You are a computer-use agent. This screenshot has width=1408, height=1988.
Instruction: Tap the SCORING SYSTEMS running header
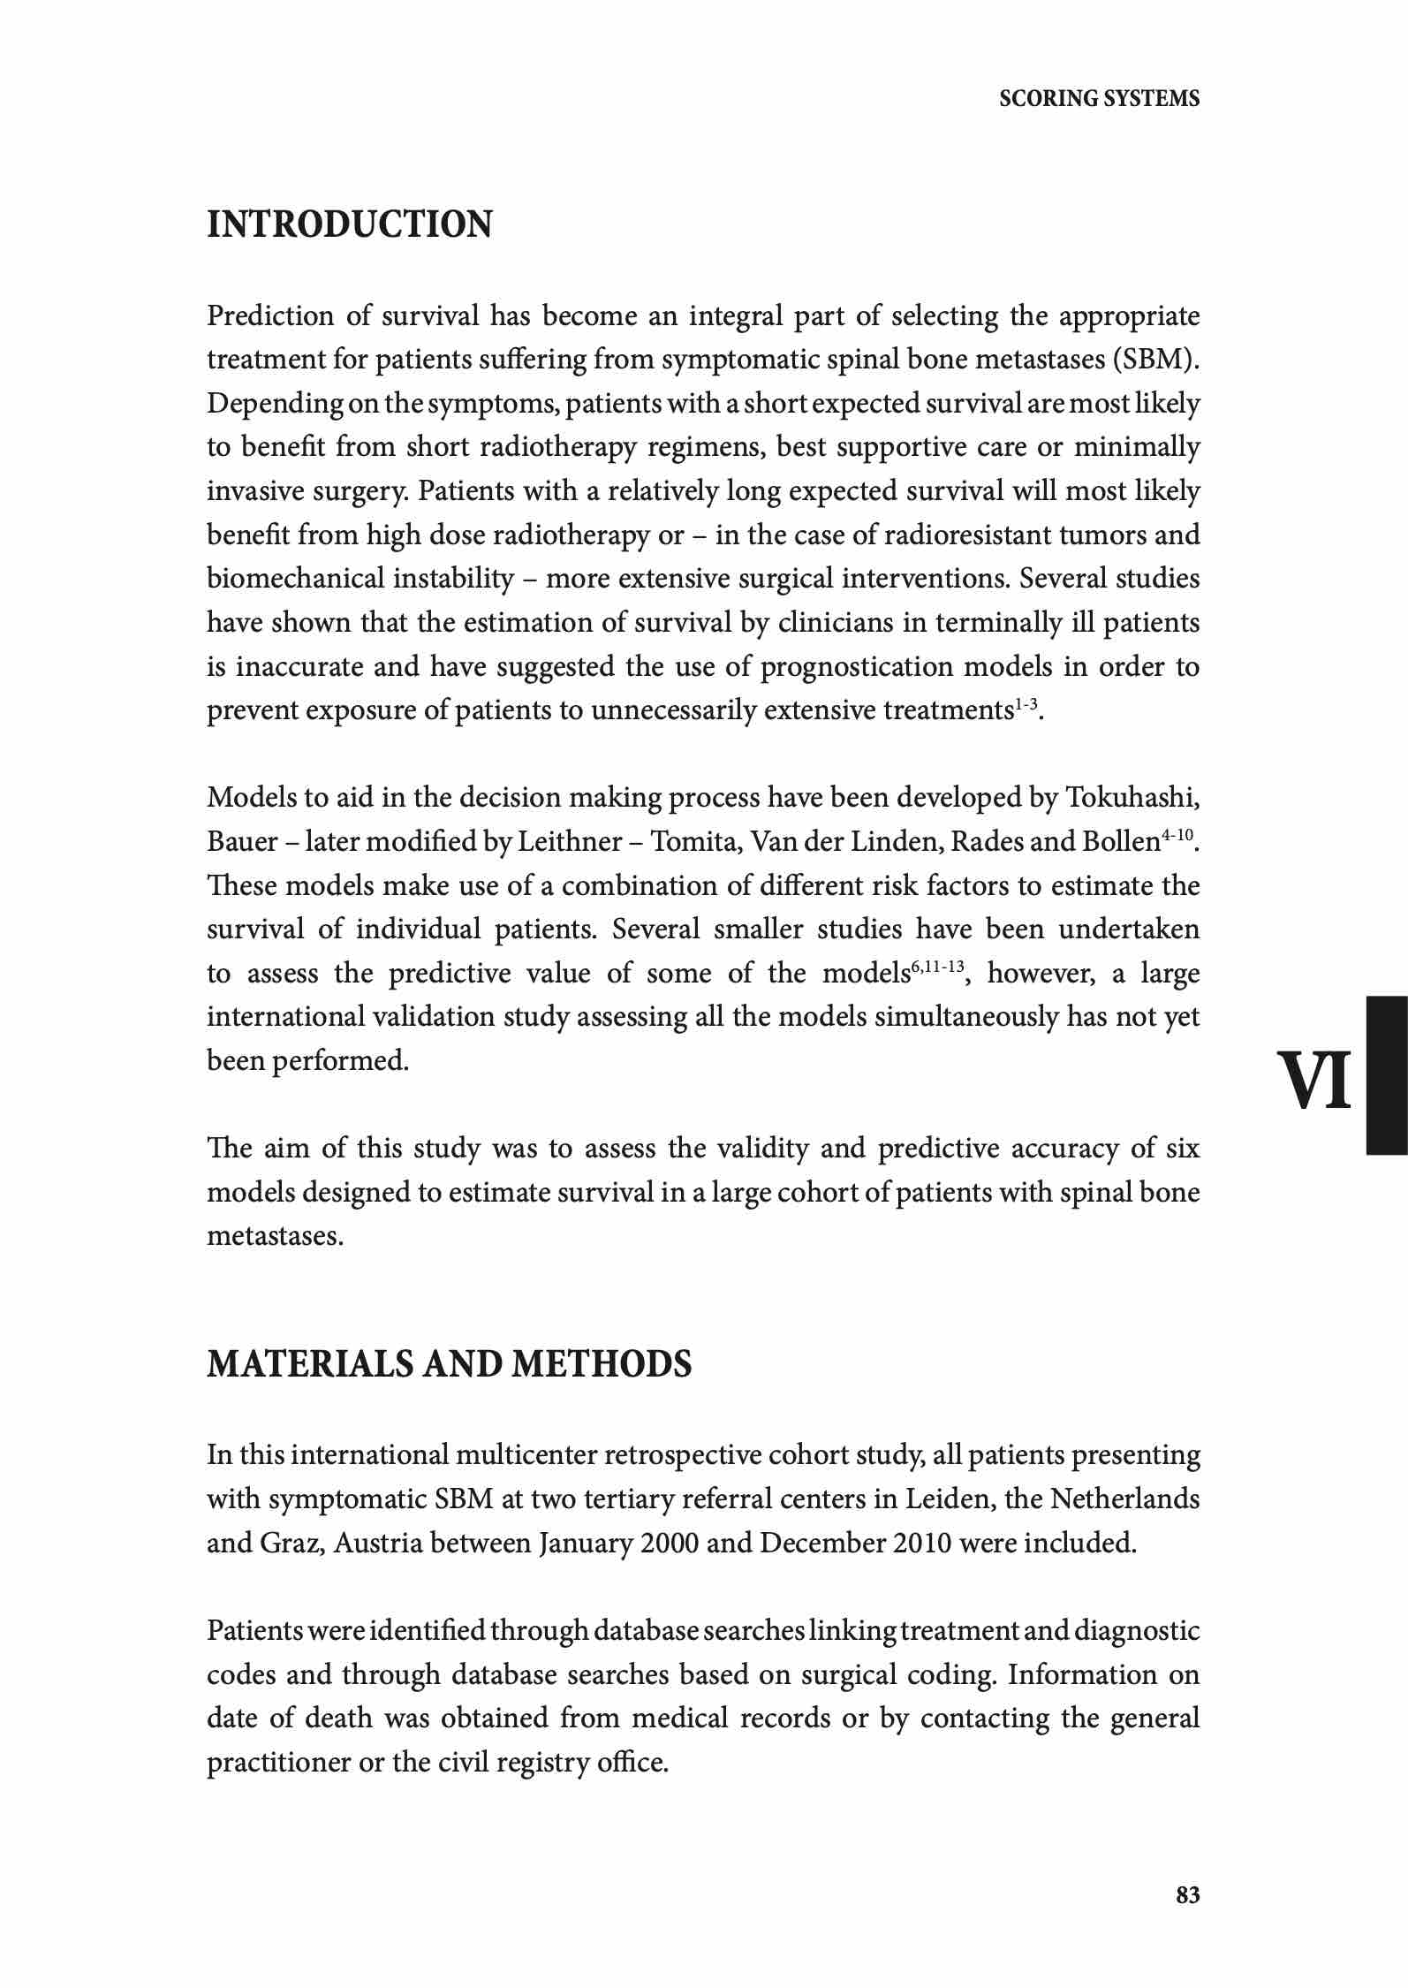pyautogui.click(x=1099, y=99)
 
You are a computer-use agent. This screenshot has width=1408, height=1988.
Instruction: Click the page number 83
pyautogui.click(x=1188, y=1894)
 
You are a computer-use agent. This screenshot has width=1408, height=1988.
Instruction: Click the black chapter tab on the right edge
pyautogui.click(x=1387, y=1075)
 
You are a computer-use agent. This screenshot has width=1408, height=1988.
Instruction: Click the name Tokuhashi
pyautogui.click(x=1132, y=798)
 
